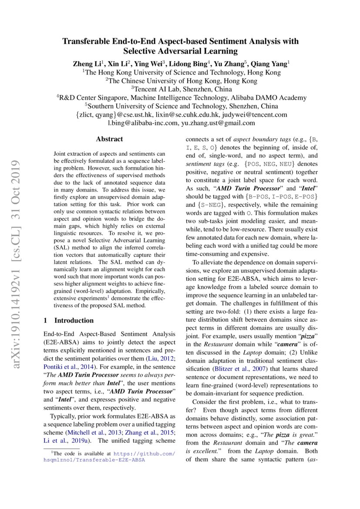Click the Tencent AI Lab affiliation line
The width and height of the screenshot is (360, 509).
180,89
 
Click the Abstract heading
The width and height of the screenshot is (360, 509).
109,139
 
